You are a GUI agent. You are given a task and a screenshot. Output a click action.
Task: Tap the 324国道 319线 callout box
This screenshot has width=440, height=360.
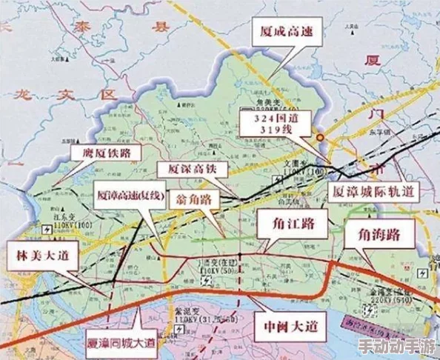click(277, 124)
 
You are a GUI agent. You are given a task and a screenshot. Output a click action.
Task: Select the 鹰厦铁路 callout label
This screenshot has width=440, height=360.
click(104, 153)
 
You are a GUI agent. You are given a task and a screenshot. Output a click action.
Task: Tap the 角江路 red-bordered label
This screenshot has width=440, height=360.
click(291, 222)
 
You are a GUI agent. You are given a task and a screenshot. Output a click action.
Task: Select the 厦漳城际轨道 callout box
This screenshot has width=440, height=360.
click(370, 192)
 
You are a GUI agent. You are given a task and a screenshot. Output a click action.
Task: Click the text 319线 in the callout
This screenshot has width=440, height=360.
click(277, 130)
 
